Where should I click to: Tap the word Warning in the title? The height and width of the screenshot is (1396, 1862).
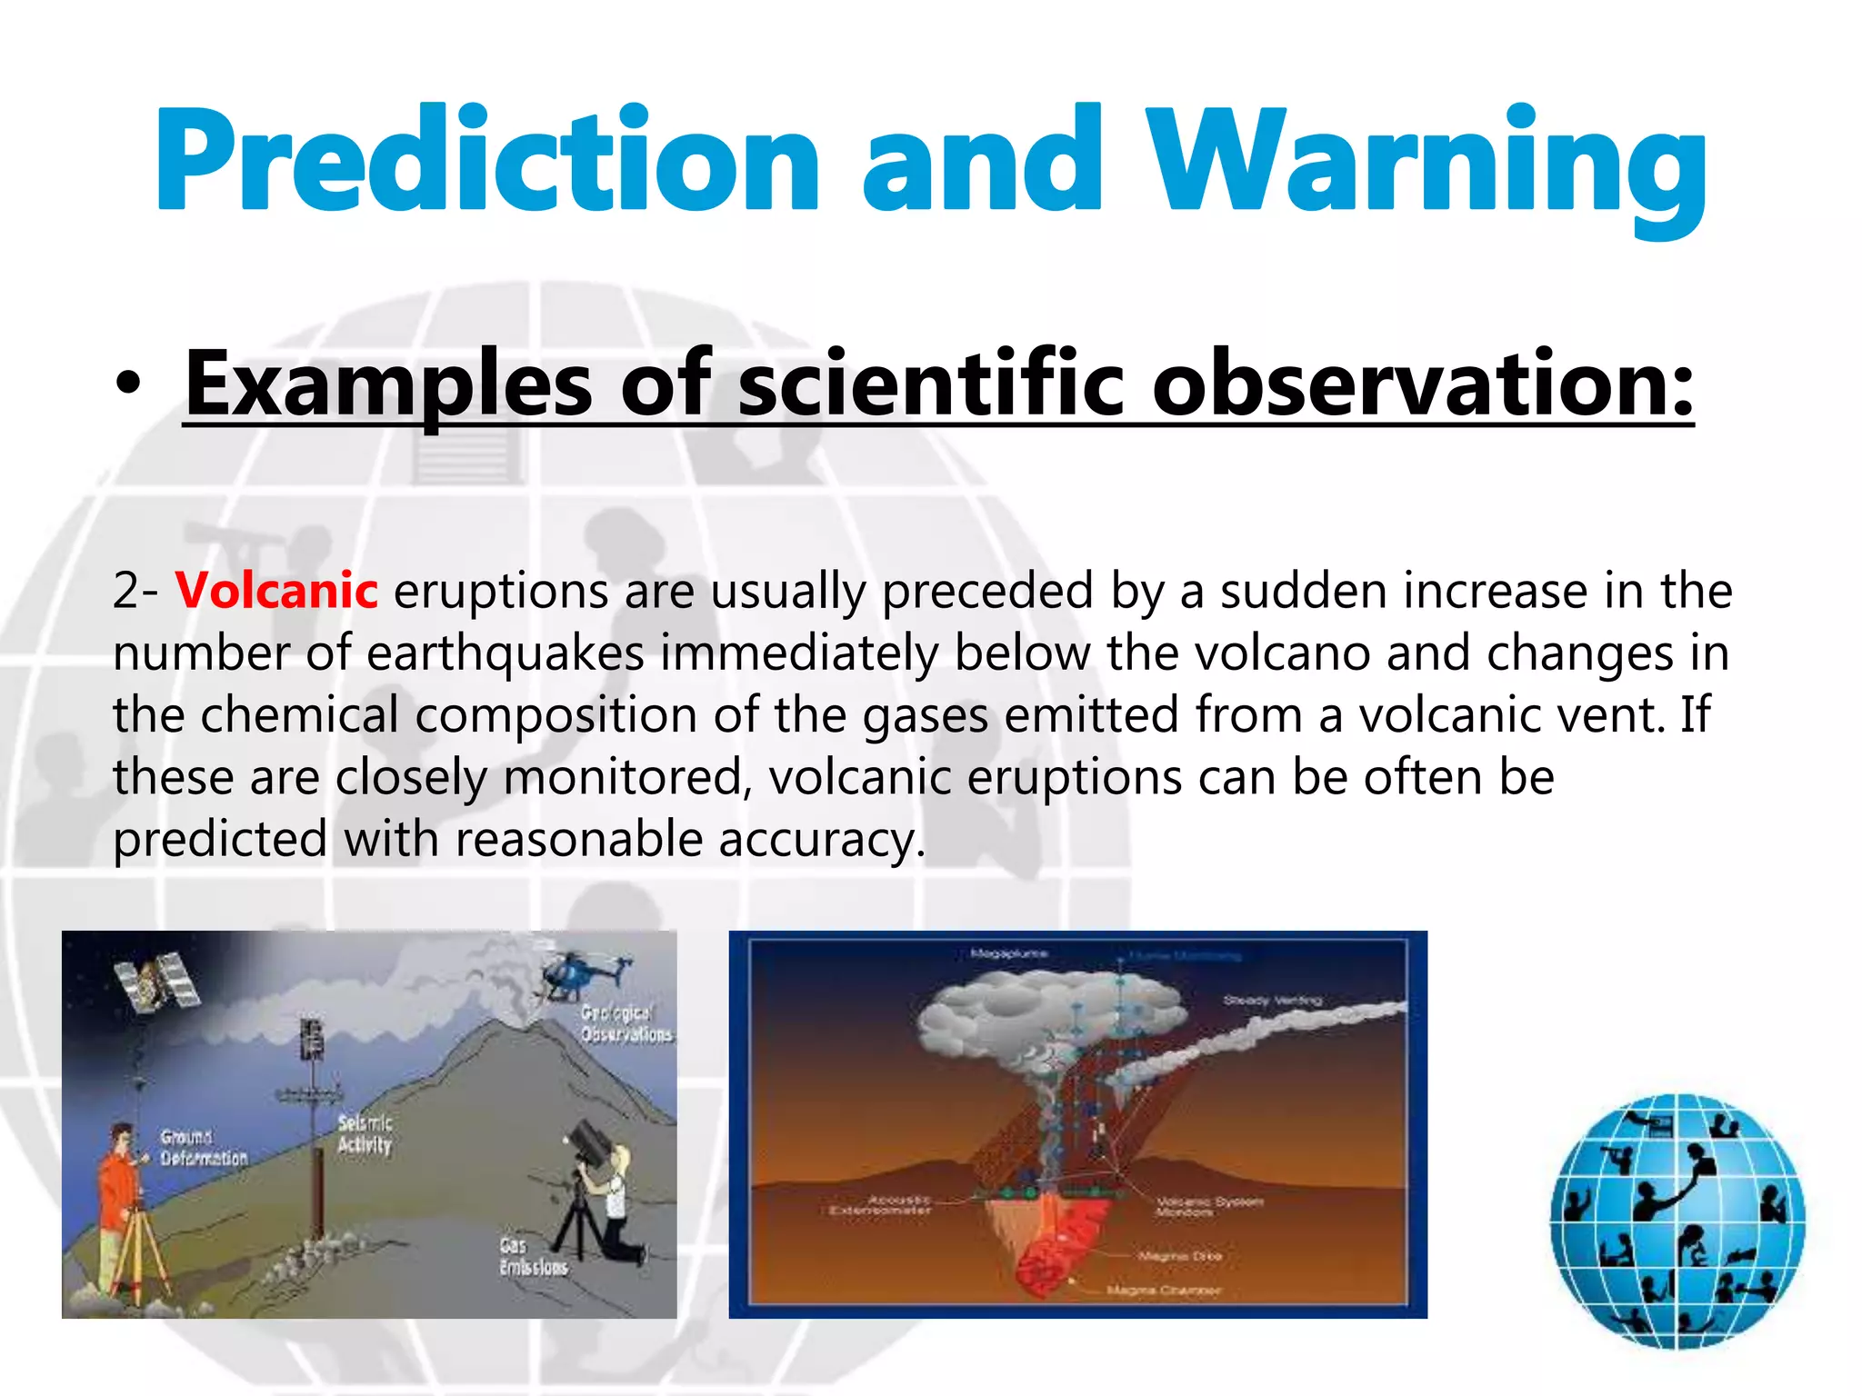[1426, 164]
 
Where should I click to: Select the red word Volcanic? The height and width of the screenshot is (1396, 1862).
[276, 591]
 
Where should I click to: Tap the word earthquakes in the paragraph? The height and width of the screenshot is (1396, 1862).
[506, 653]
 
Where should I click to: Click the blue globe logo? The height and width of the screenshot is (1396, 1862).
[1677, 1221]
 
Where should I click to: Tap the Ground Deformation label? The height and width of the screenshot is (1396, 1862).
[203, 1148]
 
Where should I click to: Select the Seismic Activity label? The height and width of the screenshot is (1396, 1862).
[365, 1134]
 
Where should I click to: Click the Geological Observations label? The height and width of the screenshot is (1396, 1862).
[626, 1023]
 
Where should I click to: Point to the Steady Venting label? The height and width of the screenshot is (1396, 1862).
[1272, 1000]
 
